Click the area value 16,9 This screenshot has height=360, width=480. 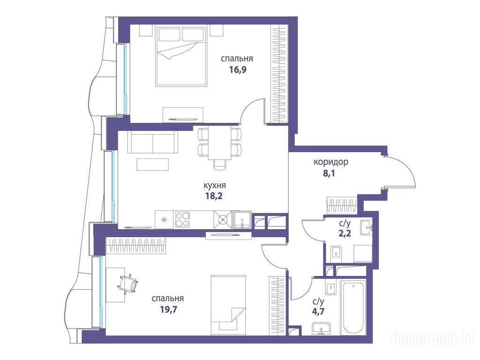[x=238, y=70]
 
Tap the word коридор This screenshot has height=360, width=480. [x=331, y=162]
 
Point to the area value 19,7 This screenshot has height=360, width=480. [x=169, y=309]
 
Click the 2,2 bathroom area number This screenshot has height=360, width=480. [x=345, y=233]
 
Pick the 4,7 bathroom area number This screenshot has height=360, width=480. [x=318, y=312]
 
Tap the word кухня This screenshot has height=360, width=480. [x=215, y=186]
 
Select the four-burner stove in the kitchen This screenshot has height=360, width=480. [x=182, y=219]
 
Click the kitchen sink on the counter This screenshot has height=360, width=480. [x=242, y=219]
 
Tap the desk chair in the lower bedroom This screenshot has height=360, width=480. [x=128, y=284]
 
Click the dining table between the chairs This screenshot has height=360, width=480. [x=220, y=143]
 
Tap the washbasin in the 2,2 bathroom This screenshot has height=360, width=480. [x=366, y=227]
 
